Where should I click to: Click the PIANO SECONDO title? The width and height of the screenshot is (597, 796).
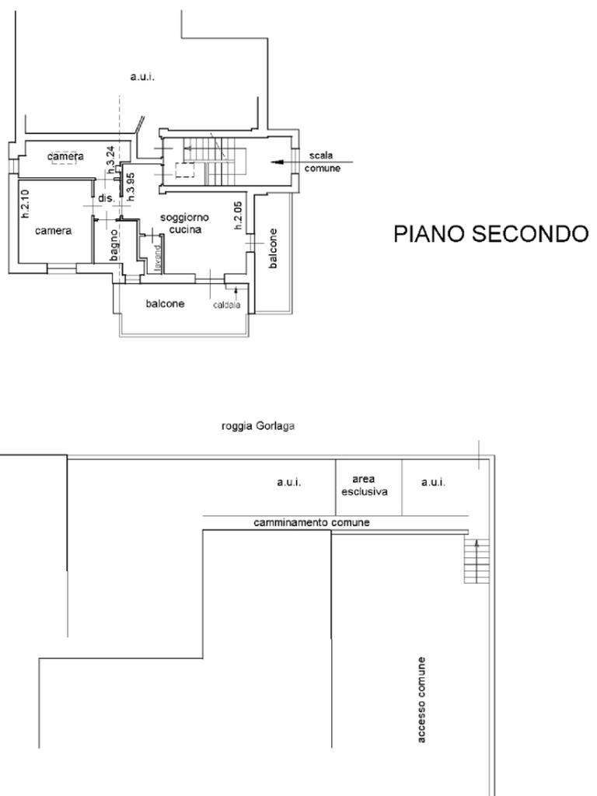click(491, 233)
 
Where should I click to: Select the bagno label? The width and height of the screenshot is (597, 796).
click(113, 243)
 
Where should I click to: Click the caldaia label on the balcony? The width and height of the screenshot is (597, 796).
click(227, 305)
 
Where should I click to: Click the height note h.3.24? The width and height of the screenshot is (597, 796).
click(111, 158)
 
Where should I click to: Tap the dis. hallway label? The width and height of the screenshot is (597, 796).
click(106, 198)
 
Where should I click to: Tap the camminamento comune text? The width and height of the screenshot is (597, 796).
click(311, 523)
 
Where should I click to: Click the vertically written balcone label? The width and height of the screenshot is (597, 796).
click(273, 248)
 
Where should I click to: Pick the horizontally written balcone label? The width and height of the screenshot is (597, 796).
click(166, 304)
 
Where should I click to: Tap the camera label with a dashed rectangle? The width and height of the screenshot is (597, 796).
click(65, 157)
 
